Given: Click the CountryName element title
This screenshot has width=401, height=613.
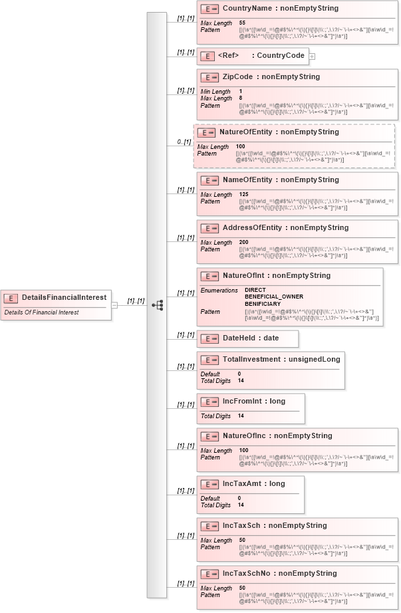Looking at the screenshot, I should point(280,9).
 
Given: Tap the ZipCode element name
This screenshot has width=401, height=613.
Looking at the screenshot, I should point(271,76).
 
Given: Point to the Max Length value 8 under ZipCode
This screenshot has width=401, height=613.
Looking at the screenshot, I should point(241,98).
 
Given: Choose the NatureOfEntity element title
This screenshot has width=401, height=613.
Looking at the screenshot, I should point(279,132).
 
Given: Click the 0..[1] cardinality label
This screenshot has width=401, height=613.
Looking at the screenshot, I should point(183,142).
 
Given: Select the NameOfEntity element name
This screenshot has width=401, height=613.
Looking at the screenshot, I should point(280,180).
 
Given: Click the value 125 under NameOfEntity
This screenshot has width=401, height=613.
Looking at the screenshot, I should point(244,195).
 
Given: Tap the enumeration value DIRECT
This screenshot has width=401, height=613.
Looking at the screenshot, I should point(255,291).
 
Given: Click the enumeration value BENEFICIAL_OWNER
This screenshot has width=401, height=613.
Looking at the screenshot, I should point(273,297).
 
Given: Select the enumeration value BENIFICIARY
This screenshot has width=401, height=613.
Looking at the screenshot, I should point(262,304).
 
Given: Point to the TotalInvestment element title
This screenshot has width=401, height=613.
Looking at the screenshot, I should point(281,360).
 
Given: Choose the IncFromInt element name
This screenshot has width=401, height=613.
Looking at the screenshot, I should point(253,402).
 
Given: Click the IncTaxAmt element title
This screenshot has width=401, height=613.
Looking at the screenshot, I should point(253,484).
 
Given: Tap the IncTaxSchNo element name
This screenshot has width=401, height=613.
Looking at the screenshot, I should point(279,574).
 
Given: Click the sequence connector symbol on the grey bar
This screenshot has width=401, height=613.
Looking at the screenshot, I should point(157,305).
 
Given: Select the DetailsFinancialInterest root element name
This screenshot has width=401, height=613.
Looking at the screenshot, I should point(64,297).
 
